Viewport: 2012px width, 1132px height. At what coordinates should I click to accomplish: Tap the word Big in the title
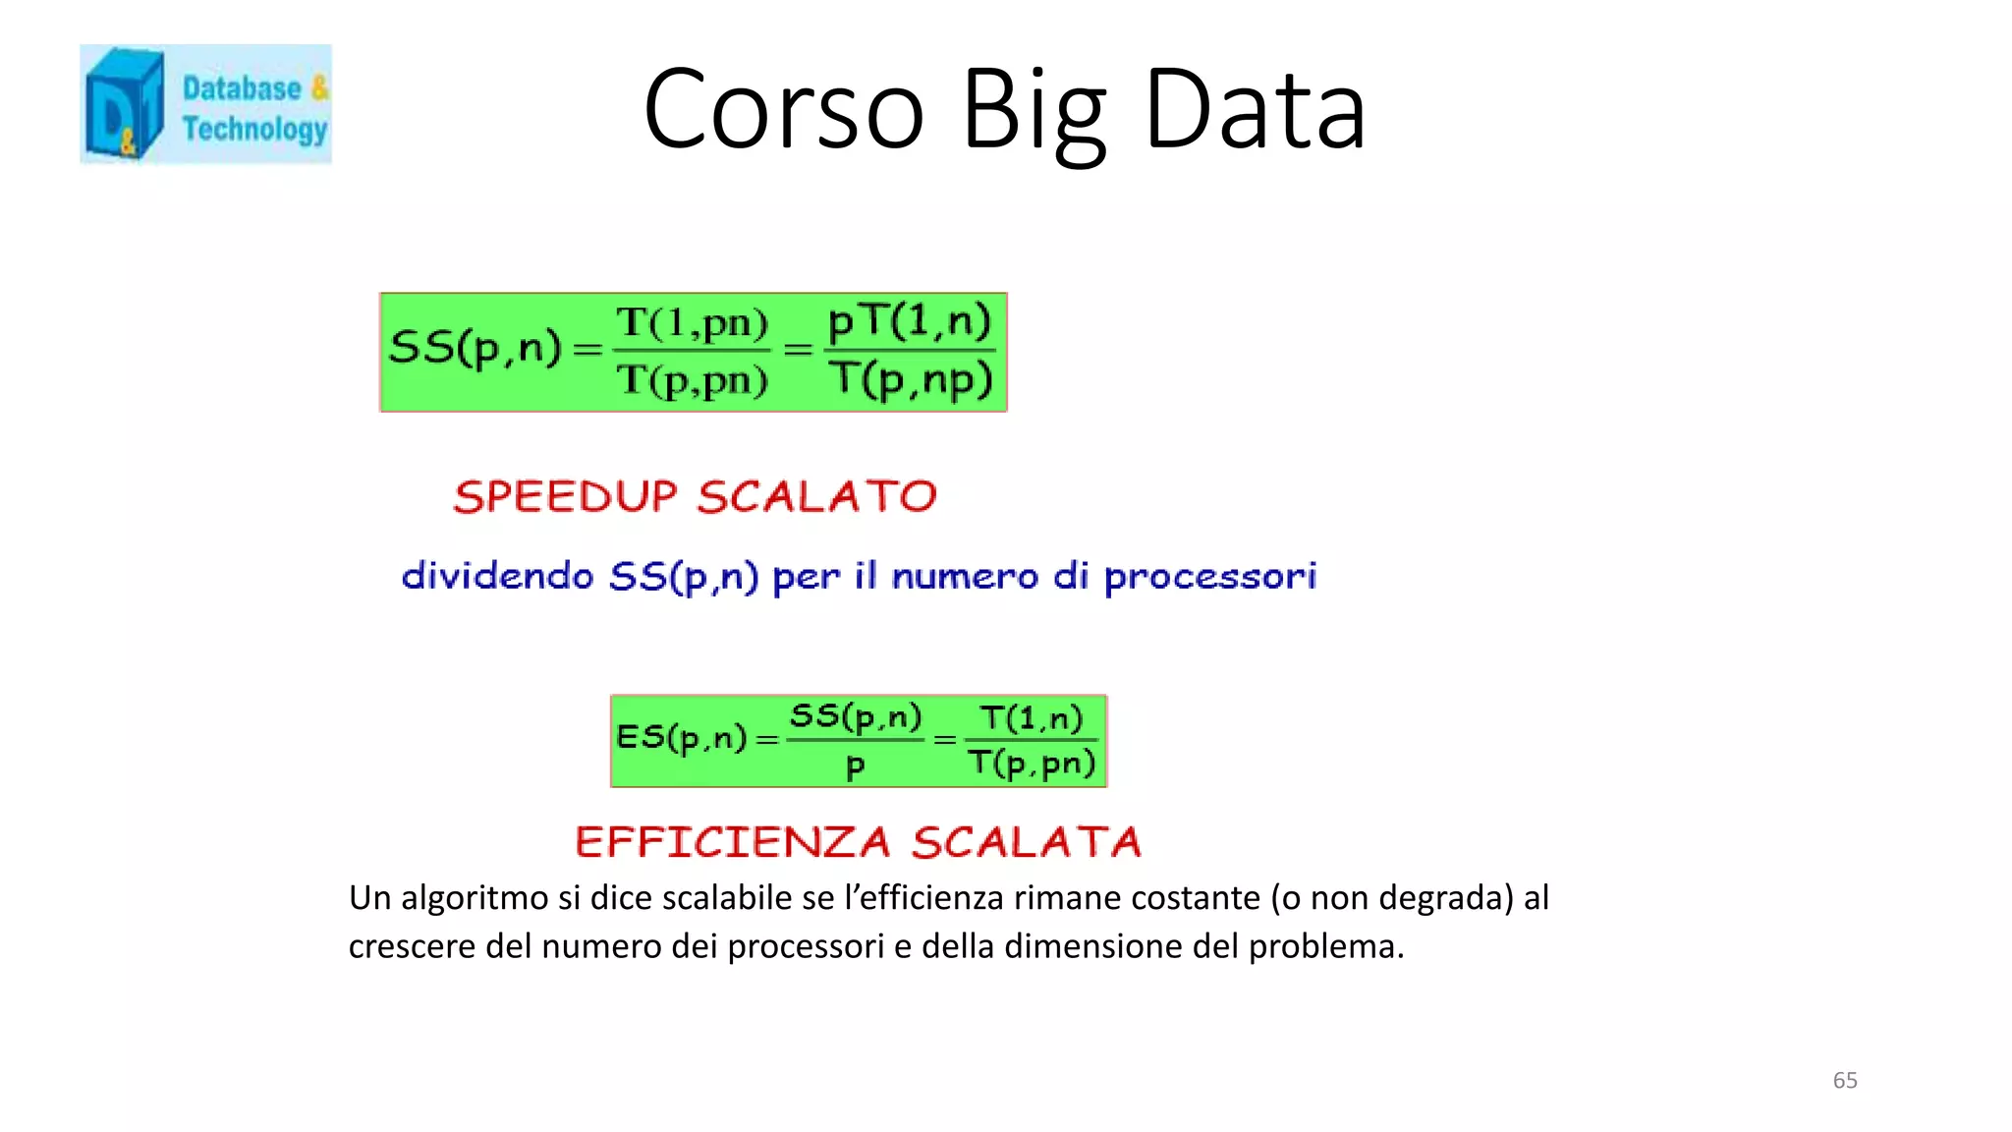1033,110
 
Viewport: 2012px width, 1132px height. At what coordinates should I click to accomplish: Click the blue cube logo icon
123,104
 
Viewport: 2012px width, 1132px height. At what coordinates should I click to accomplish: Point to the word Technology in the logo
254,129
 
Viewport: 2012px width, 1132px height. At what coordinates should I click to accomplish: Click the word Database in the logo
242,88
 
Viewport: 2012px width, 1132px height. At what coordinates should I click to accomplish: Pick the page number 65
1844,1080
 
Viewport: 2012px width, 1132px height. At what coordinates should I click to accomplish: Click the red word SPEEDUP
565,496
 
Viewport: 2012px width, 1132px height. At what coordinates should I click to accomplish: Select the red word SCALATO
816,496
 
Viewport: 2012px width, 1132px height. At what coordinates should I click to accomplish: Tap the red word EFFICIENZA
732,842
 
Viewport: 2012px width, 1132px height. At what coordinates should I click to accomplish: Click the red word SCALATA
1026,842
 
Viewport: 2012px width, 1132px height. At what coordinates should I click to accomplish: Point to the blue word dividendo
497,575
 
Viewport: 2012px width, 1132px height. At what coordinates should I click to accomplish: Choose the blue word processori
1209,576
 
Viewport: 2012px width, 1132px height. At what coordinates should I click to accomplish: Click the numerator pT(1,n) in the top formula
910,321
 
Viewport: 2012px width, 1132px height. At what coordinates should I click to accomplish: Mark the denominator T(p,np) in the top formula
911,379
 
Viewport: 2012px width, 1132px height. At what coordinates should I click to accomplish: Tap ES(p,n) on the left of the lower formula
681,737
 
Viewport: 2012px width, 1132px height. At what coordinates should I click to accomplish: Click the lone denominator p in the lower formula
855,766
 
